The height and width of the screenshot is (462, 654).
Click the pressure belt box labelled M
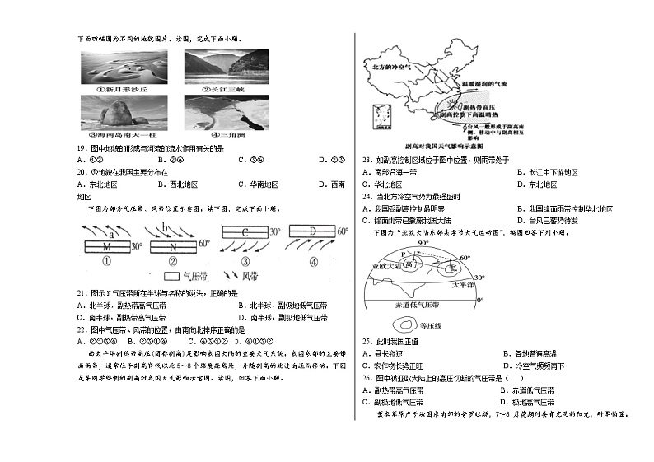tap(105, 246)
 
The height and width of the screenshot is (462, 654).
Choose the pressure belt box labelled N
tap(172, 246)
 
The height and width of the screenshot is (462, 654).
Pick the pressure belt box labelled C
tap(245, 233)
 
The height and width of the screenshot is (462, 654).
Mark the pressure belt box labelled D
tap(312, 232)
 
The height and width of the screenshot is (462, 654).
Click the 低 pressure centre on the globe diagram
tap(451, 268)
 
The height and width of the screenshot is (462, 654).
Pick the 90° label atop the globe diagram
tap(423, 244)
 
